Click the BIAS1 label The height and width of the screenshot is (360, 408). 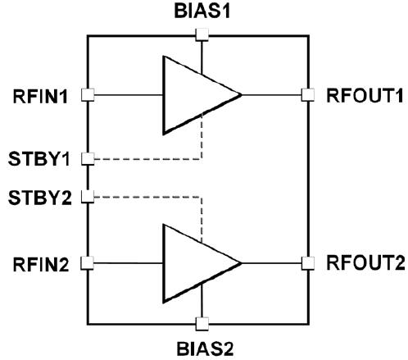(202, 11)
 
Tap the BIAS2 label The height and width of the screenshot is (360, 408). (205, 349)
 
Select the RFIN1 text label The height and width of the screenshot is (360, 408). (40, 96)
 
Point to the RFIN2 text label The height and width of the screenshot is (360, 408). (41, 264)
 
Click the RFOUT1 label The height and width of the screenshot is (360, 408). (365, 96)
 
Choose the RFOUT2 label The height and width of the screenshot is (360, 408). (365, 262)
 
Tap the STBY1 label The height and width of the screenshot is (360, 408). (39, 159)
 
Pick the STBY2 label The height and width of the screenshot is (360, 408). (40, 198)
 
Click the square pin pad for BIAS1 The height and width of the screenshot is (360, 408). (202, 34)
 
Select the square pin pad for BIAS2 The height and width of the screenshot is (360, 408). (202, 324)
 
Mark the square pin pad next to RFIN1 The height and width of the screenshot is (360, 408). (88, 95)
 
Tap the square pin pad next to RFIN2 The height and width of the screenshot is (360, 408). (88, 263)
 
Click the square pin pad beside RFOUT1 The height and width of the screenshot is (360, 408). (308, 95)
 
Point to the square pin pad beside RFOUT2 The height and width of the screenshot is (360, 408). (308, 263)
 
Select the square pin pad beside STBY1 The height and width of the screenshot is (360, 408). (88, 159)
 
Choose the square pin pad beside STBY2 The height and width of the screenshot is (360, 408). (88, 197)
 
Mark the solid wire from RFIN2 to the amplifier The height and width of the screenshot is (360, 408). (128, 263)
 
